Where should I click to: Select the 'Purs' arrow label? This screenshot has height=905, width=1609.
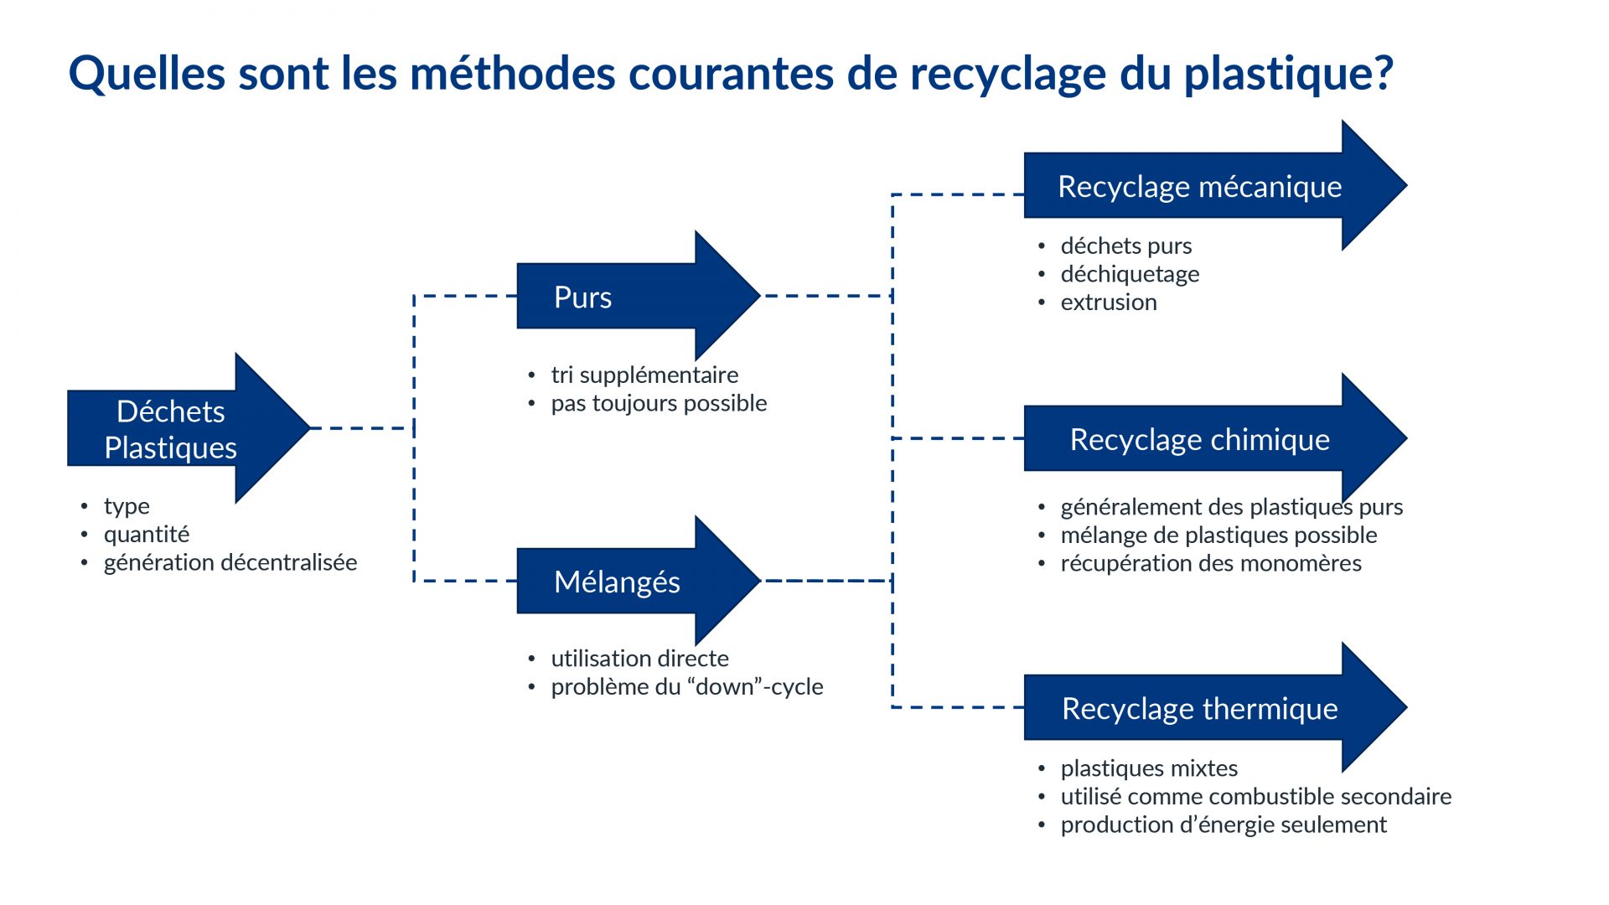(582, 297)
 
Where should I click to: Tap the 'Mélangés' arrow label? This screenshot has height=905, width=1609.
(617, 582)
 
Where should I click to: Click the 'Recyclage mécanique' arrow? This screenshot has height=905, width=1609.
(1215, 185)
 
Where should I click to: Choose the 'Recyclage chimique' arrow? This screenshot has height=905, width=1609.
(1215, 438)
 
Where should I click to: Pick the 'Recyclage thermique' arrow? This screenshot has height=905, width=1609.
(1215, 707)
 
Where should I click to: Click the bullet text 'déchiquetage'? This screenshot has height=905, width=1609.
(1130, 275)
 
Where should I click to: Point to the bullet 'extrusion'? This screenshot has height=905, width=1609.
(1109, 303)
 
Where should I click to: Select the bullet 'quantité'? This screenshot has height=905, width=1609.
(147, 535)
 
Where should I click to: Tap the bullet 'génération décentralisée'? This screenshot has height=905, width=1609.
(230, 562)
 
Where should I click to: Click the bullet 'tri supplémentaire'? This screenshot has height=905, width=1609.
(644, 375)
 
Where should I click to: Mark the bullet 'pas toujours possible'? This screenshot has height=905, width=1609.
(659, 403)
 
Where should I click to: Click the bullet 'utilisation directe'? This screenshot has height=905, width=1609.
(639, 659)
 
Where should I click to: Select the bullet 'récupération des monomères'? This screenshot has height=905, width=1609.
(1211, 563)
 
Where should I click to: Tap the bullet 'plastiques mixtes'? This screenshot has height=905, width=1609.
(1149, 768)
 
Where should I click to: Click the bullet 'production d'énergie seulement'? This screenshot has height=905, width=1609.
(1224, 825)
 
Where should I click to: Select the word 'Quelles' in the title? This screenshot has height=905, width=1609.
(147, 73)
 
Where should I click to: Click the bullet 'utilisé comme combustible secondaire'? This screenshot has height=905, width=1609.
(1256, 797)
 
